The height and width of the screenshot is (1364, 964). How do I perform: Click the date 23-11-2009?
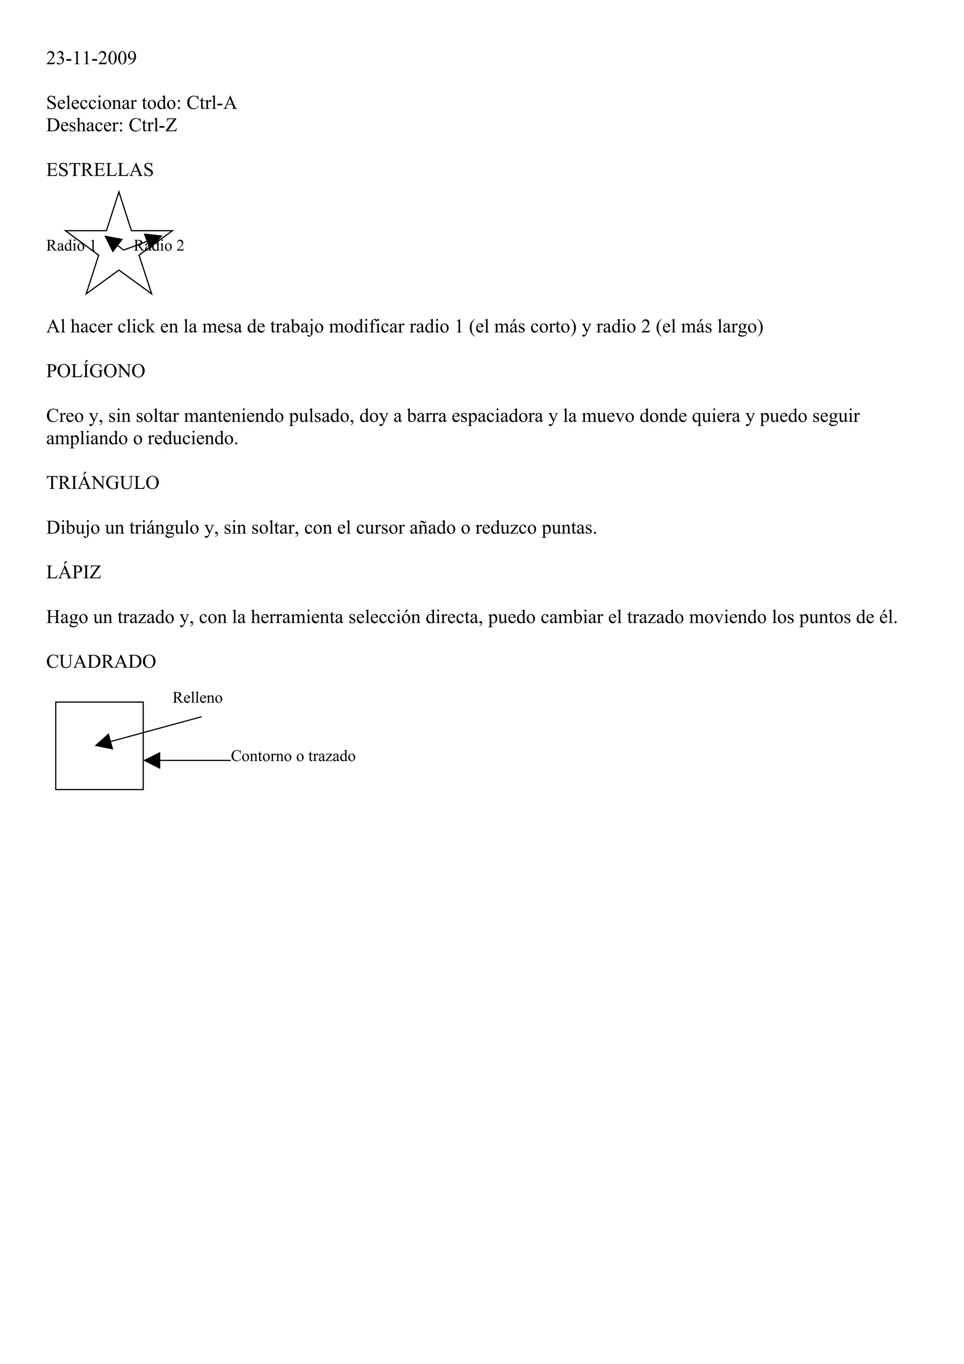pos(91,58)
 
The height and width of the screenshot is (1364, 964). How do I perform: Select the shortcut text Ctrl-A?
pos(211,104)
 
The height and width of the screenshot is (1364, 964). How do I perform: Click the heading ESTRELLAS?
pos(100,170)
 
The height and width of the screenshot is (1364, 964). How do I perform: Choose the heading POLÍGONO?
pos(96,371)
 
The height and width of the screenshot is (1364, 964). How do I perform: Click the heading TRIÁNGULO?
pos(103,483)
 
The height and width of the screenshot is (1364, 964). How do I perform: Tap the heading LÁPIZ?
pos(73,573)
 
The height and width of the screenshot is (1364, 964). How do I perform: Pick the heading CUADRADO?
pos(101,662)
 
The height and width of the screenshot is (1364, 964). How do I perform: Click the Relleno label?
pos(197,698)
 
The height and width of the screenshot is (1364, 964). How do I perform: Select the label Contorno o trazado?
pos(293,756)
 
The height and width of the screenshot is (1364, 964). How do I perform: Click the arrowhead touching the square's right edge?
pos(153,761)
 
